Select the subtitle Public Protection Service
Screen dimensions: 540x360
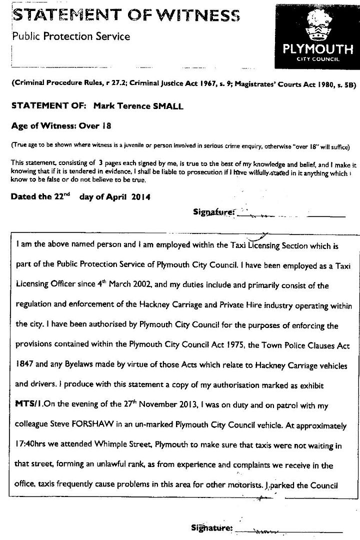(x=70, y=36)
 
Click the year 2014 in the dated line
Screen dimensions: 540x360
(x=140, y=196)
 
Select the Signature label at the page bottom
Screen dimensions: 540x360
(x=211, y=528)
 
